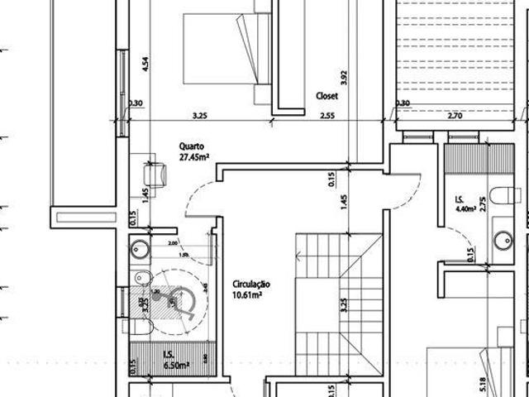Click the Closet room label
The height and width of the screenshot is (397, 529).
click(326, 95)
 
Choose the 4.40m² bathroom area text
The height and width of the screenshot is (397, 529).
click(466, 210)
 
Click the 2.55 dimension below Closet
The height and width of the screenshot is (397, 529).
click(326, 115)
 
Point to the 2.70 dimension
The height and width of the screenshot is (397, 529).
click(453, 115)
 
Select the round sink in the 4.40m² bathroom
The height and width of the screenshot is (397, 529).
click(501, 241)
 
